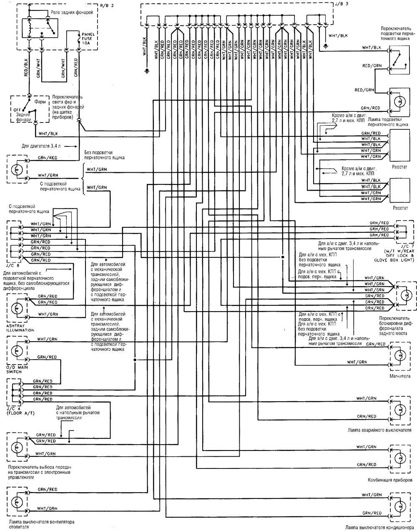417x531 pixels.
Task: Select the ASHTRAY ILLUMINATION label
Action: tap(20, 327)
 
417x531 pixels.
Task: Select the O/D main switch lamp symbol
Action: tap(17, 350)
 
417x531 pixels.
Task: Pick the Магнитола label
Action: tap(399, 376)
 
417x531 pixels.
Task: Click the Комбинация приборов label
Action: tap(390, 480)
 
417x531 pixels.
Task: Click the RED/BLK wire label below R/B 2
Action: tap(26, 68)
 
